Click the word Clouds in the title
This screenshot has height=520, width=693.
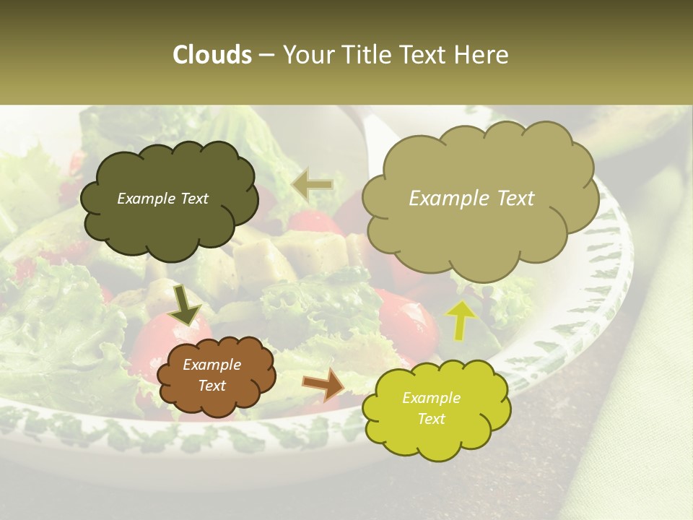click(x=212, y=55)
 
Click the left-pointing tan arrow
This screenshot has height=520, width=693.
click(x=312, y=184)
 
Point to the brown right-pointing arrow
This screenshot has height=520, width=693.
click(x=323, y=383)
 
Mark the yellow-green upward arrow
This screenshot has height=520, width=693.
click(x=461, y=319)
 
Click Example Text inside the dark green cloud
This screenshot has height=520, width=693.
click(x=162, y=199)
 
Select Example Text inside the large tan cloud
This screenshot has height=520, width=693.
click(x=471, y=199)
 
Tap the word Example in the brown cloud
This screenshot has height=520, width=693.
click(x=212, y=365)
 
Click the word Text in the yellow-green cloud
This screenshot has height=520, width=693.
click(x=431, y=419)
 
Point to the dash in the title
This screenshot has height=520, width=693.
click(x=266, y=56)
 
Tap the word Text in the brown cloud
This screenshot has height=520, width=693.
click(x=212, y=386)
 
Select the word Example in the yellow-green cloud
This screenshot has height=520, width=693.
click(x=431, y=398)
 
